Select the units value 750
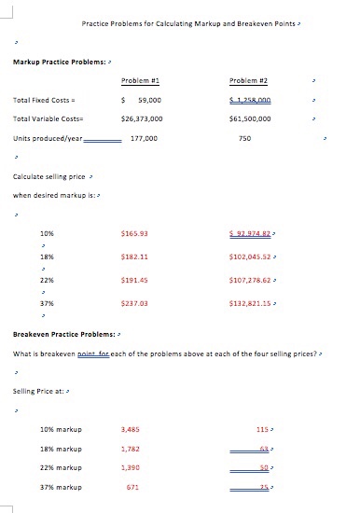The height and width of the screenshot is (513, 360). pos(245,138)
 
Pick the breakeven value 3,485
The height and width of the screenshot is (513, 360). pos(131,429)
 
